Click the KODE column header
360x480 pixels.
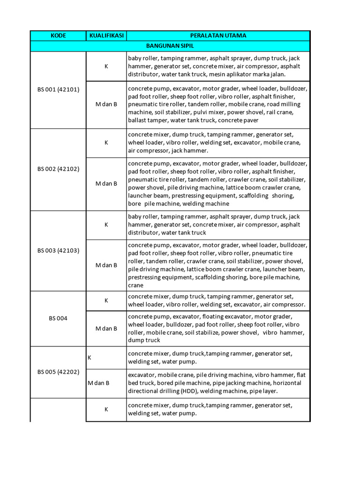(x=59, y=36)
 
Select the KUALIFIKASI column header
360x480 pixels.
(x=106, y=36)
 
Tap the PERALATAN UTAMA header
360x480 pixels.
(x=218, y=36)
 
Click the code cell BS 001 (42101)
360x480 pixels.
(x=59, y=90)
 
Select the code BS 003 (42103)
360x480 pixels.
(x=59, y=250)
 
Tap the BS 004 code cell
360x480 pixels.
(x=59, y=318)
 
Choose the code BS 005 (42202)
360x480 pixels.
(x=59, y=372)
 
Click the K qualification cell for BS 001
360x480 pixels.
(x=106, y=67)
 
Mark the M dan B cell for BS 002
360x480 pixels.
(x=106, y=184)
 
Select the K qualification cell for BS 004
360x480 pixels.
(x=106, y=300)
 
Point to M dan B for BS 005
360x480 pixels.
(x=98, y=383)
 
